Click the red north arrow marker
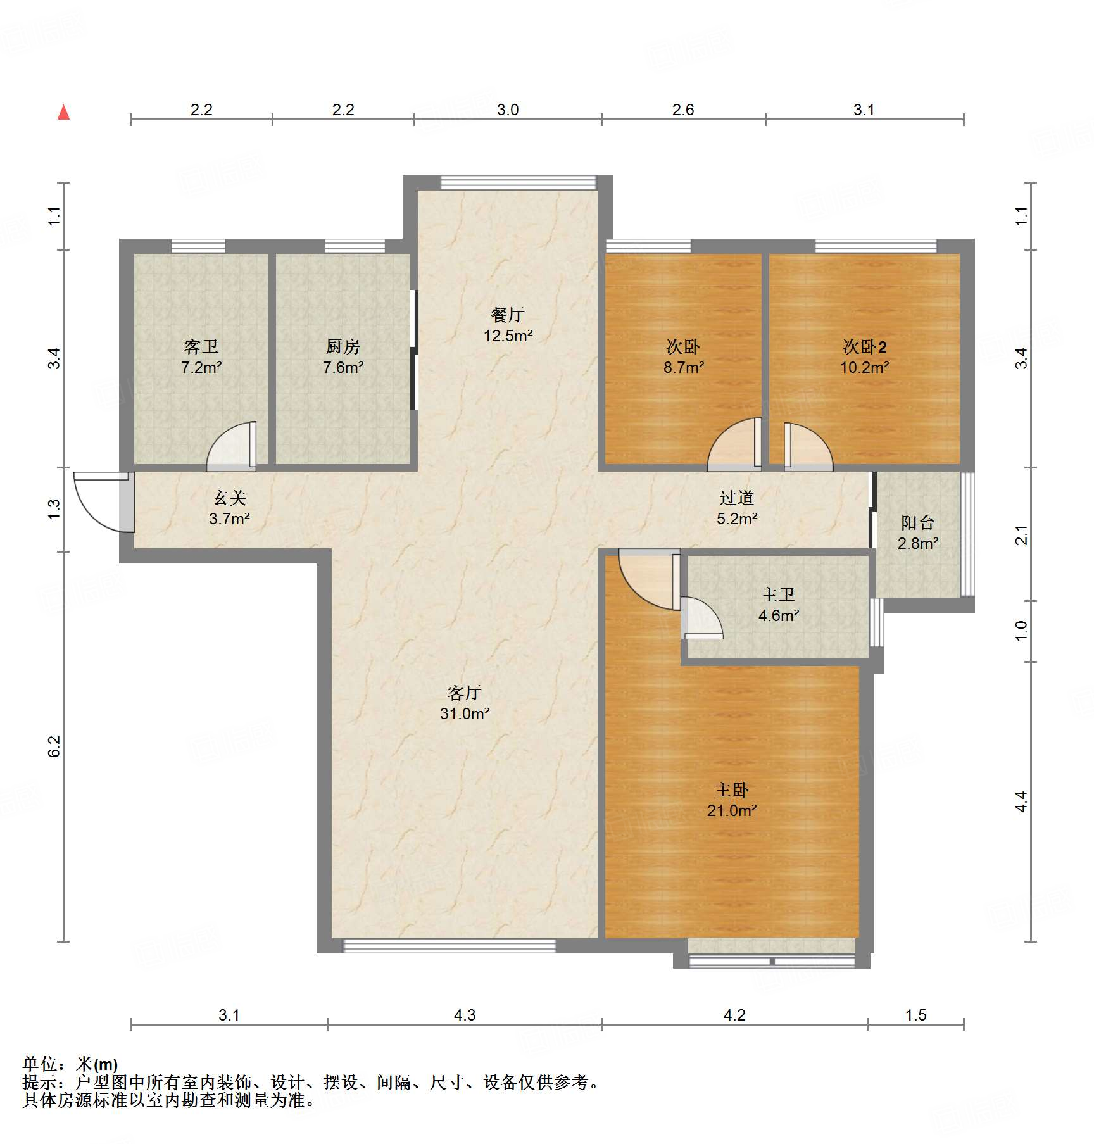tap(63, 112)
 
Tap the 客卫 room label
tap(201, 356)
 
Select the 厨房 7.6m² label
tap(343, 356)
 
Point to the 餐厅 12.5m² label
tap(508, 325)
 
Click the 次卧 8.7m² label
tap(684, 356)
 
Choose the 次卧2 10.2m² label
tap(865, 356)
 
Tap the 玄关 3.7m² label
tap(229, 508)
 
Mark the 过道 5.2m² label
tap(737, 508)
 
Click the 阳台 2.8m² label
tap(918, 532)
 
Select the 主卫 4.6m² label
tap(779, 605)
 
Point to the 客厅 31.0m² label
tap(465, 703)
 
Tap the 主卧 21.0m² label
tap(732, 800)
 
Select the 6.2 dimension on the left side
tap(54, 746)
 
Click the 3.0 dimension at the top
tap(508, 110)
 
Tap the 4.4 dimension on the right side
tap(1021, 801)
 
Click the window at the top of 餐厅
tap(519, 183)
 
